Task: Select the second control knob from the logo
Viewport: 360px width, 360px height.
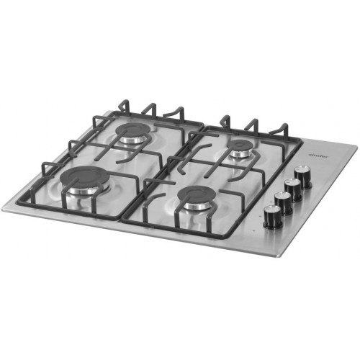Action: pos(292,188)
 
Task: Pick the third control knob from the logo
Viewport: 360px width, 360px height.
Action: pos(283,201)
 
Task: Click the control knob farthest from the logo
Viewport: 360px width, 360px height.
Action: pos(272,214)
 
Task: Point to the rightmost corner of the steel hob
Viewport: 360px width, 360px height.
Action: pos(356,147)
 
